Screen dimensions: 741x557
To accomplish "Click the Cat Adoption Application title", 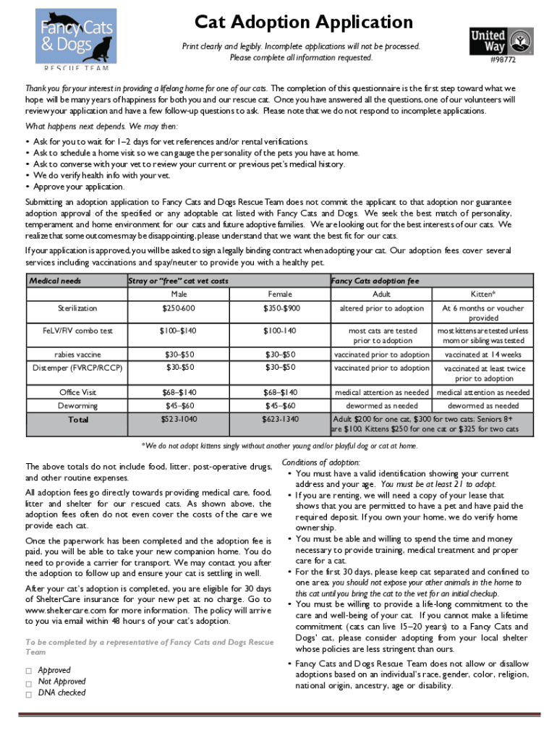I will coord(304,22).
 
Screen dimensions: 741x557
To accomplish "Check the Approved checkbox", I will coord(29,671).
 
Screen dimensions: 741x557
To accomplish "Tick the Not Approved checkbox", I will coord(29,682).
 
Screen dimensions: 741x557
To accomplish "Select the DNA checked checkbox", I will coord(29,694).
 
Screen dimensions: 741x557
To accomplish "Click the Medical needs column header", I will coord(55,281).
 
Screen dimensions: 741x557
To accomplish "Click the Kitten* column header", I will coord(482,295).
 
